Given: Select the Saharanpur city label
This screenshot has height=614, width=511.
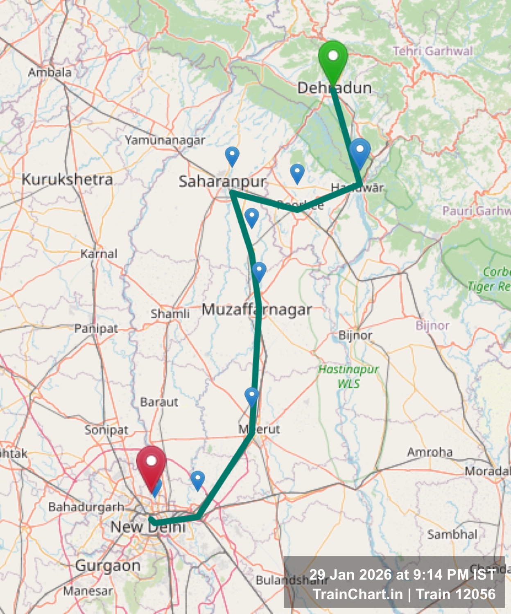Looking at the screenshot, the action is [x=222, y=181].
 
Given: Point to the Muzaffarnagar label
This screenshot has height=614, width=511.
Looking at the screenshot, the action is [x=257, y=309].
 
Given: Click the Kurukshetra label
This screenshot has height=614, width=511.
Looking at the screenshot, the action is [x=67, y=179].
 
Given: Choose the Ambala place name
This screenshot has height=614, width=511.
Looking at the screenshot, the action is [x=50, y=72].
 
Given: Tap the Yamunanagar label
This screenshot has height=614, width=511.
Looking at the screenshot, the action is [x=165, y=140].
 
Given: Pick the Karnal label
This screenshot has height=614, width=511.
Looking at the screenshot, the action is [x=99, y=254].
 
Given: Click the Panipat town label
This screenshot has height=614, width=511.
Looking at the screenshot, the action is [x=96, y=328].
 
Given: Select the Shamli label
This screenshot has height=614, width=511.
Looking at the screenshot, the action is [x=170, y=314].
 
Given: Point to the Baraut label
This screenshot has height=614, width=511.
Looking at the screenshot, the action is [x=159, y=402].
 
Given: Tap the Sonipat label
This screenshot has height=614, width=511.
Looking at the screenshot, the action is [x=106, y=430].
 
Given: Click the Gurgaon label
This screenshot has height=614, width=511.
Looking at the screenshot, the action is [x=108, y=566].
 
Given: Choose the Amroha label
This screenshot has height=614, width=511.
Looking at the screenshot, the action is [x=430, y=452].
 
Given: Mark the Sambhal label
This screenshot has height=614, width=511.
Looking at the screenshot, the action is [x=452, y=534].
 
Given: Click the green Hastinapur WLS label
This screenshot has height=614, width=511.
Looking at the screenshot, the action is [x=348, y=376].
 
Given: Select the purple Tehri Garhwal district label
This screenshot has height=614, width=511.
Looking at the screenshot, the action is [x=432, y=51].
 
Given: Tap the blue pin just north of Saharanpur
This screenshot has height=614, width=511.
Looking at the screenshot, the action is [x=232, y=155].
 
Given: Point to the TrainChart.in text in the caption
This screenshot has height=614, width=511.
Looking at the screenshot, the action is [x=358, y=594].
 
